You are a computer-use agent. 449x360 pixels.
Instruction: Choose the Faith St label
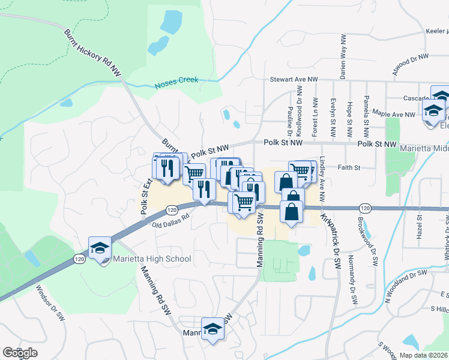348,167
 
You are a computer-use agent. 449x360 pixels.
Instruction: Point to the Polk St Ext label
144,196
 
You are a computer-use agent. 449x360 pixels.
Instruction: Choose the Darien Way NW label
343,58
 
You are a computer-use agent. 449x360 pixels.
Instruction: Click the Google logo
20,353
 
